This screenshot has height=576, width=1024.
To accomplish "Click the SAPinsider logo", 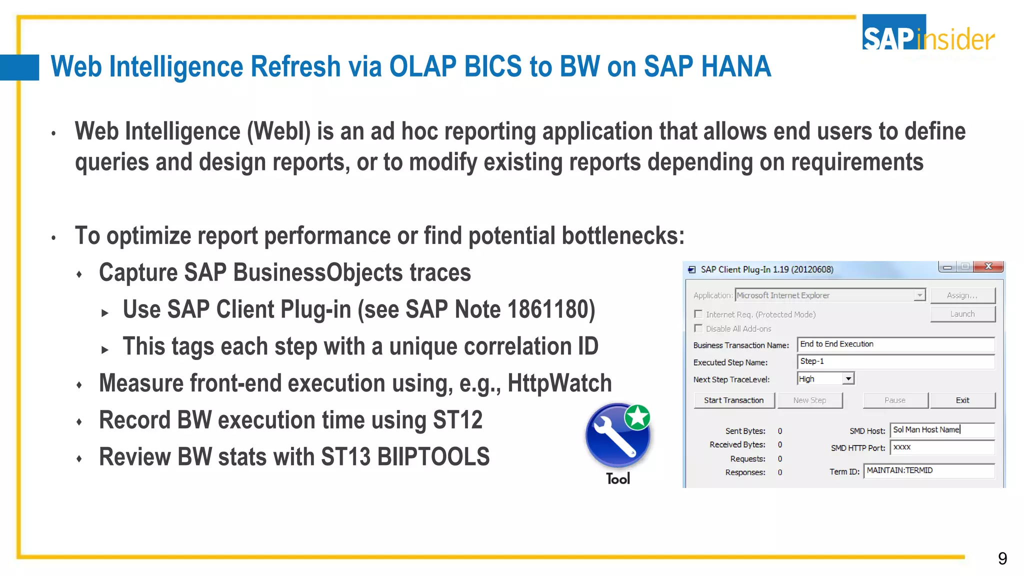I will pos(928,33).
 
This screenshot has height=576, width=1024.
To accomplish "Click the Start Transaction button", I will pos(733,400).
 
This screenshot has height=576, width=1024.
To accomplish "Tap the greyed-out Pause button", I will pos(894,400).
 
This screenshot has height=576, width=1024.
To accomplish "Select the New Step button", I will pos(809,400).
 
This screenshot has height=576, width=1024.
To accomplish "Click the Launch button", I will pos(962,314).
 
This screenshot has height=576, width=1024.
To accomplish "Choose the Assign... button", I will pos(962,295).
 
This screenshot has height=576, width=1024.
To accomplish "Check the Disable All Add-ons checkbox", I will pos(698,328).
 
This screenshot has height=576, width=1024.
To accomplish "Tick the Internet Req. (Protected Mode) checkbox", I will pos(698,314).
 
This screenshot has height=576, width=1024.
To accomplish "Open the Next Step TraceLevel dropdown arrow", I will pos(848,379).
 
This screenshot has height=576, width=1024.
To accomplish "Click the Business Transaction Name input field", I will pos(895,344).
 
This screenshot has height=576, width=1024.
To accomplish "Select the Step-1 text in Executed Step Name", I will pos(812,361).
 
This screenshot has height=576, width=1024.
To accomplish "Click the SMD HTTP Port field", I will pos(942,447).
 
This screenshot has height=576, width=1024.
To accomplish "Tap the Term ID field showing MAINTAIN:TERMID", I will pos(928,471).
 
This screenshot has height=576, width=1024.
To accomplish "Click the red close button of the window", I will pos(988,267).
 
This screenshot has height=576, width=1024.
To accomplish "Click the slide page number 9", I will pos(1002,558).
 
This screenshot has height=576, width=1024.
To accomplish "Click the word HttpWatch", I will pos(559,383).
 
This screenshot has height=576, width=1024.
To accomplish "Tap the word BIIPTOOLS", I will pos(433,457).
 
